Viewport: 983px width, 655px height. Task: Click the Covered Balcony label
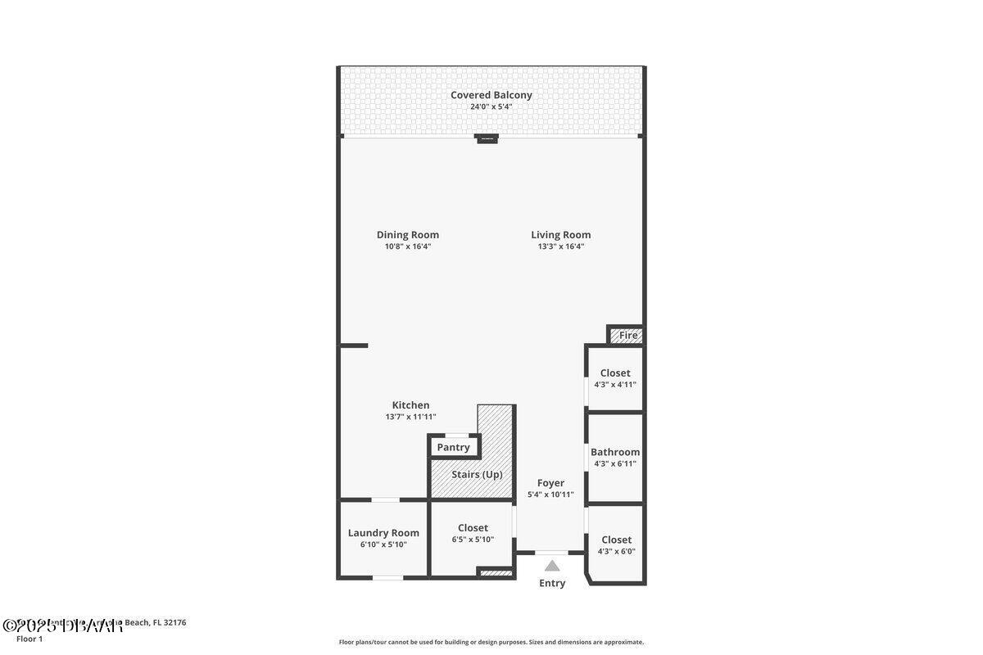491,95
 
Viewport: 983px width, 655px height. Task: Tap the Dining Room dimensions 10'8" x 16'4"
408,246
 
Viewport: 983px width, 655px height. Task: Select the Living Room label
560,235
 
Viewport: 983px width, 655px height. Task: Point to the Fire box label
628,336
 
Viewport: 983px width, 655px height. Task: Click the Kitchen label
410,405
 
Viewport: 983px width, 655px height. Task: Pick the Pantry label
453,447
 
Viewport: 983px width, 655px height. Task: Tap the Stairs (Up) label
477,474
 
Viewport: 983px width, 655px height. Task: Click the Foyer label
550,483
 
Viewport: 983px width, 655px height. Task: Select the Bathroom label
615,452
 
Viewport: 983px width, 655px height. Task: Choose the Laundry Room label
383,533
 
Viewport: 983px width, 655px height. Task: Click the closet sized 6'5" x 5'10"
473,528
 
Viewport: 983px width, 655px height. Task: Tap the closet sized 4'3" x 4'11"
615,373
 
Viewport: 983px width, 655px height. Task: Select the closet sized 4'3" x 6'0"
616,540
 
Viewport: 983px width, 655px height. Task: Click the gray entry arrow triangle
552,565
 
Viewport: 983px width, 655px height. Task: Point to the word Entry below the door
552,583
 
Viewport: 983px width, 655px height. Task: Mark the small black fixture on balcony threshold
487,138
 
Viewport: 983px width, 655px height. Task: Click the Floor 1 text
29,639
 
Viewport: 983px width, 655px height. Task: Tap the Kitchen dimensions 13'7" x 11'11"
410,417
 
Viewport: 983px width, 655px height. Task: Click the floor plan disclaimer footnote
491,642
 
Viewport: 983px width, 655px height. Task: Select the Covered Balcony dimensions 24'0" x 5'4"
491,106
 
